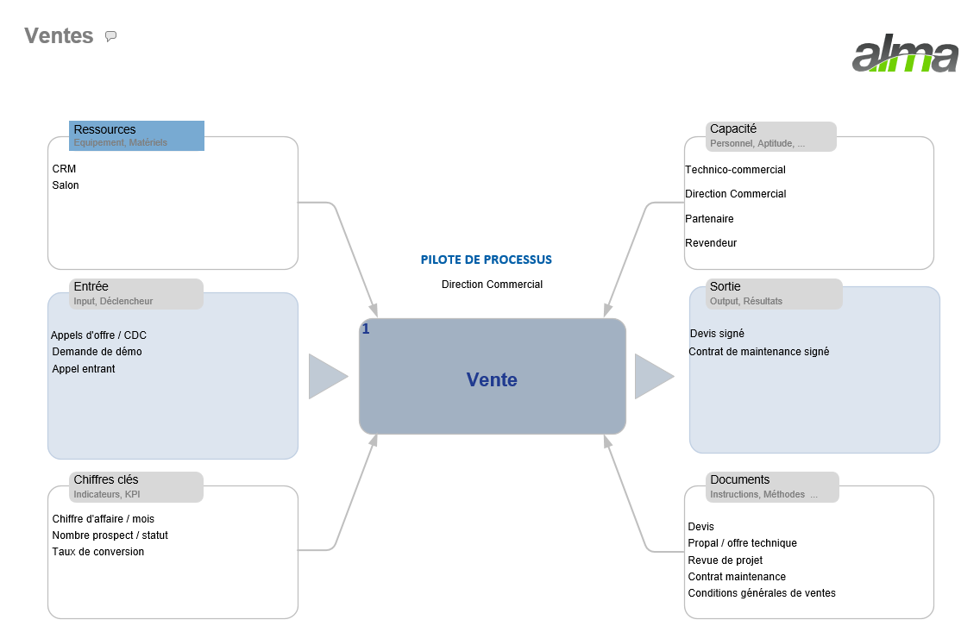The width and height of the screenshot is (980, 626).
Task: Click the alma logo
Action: coord(905,57)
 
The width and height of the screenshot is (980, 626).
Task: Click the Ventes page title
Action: coord(59,35)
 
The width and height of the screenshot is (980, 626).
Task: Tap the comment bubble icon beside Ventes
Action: coord(110,36)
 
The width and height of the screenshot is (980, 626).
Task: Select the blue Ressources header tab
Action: coord(136,135)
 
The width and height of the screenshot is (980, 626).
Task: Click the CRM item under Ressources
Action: coord(64,169)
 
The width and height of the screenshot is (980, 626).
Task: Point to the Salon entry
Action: coord(66,185)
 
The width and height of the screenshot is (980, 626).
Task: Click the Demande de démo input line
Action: coord(97,352)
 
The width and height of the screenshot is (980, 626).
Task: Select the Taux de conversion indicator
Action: coord(97,552)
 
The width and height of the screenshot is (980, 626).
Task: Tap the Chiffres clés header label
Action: coord(106,480)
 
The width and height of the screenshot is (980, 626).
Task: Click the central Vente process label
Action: coord(492,379)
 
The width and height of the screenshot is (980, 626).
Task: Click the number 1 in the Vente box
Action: coord(366,329)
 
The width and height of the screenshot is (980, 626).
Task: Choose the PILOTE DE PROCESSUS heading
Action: coord(486,260)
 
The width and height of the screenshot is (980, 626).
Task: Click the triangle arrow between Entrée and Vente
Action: coord(327,377)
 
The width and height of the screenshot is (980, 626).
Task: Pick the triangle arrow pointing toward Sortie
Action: coord(653,377)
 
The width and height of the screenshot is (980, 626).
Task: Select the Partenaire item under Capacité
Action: coord(709,219)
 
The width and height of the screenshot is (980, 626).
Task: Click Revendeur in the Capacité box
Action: coord(711,243)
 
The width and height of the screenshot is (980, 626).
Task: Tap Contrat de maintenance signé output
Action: coord(758,352)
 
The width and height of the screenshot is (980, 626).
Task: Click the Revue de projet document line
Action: coord(725,560)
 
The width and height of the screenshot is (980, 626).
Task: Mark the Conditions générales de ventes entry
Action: coord(761,593)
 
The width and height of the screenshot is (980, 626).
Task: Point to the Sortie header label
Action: coord(725,287)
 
